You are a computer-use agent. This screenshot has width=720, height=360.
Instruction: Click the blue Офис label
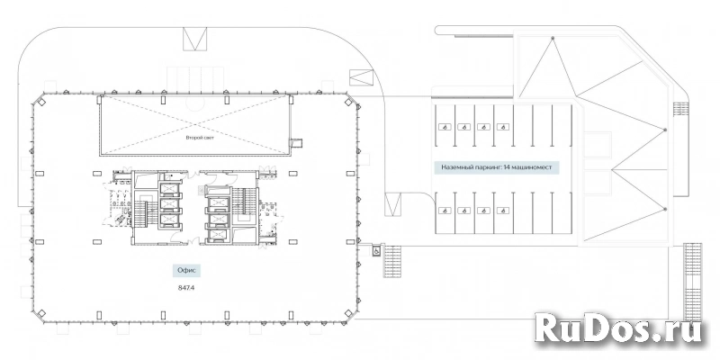click(186, 271)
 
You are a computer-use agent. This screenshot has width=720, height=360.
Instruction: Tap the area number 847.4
click(186, 288)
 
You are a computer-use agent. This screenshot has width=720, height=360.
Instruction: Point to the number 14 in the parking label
click(507, 167)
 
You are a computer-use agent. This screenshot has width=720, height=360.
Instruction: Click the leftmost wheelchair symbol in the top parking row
click(444, 127)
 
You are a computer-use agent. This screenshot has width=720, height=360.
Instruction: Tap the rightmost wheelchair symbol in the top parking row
click(503, 127)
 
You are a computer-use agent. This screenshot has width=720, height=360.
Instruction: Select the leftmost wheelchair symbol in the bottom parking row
click(444, 211)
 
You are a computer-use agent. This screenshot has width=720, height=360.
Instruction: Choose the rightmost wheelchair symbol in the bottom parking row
click(503, 211)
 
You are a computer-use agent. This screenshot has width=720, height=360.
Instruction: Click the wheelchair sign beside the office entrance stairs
click(376, 251)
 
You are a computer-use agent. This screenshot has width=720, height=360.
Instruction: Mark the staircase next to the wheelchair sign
click(392, 261)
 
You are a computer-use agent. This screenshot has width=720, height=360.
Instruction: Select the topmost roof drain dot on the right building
click(553, 37)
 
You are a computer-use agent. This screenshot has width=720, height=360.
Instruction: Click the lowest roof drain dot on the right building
click(665, 210)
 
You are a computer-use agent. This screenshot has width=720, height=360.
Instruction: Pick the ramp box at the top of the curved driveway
click(194, 39)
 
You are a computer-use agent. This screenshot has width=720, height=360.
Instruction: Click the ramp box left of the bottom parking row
click(393, 204)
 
